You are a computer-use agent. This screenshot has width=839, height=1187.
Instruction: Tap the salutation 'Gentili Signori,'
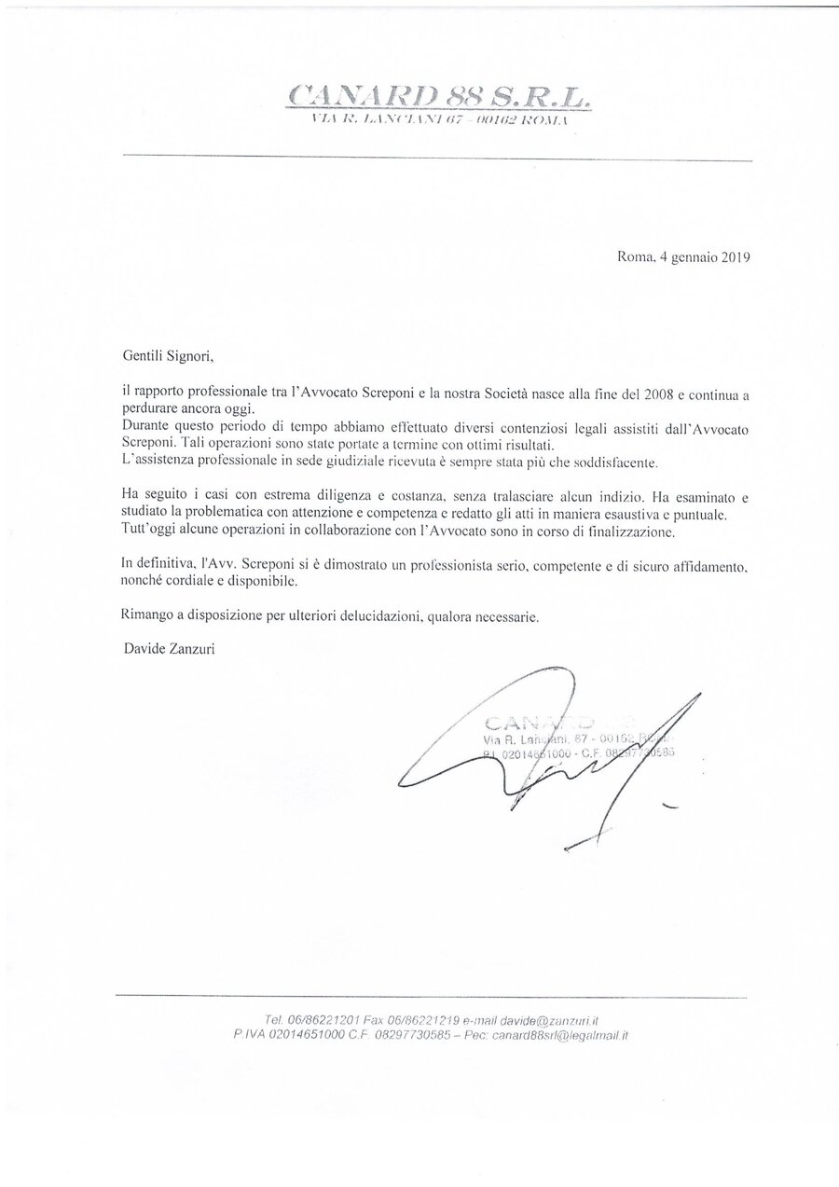pyautogui.click(x=173, y=355)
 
